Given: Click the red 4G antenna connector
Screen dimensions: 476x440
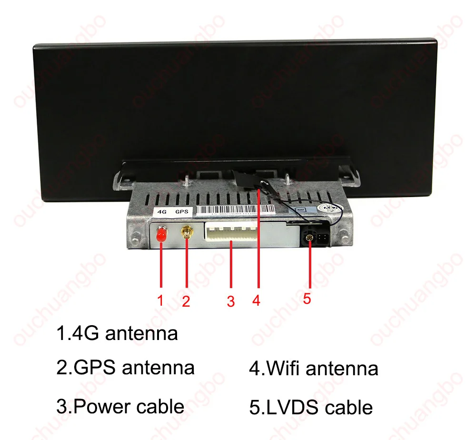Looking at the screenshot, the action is (161, 234).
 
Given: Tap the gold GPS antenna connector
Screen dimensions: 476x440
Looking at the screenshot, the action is (185, 233).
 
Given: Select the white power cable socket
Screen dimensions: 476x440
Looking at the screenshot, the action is (230, 233).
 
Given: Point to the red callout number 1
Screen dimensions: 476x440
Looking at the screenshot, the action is (161, 300).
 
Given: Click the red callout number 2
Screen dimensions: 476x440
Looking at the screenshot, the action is (186, 301).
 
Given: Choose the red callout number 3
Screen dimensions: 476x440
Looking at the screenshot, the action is (231, 301).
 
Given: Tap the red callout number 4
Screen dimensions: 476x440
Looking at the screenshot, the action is (257, 300).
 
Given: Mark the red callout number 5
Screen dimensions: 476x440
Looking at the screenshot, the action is (307, 299).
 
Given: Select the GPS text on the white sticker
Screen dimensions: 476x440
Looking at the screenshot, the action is (181, 211).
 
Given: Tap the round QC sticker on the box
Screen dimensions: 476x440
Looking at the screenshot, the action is (330, 208).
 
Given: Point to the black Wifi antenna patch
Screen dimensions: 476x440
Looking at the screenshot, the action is (247, 181).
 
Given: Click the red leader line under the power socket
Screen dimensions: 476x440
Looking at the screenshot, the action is (231, 267).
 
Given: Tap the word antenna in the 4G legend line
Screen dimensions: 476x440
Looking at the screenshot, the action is (141, 333).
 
